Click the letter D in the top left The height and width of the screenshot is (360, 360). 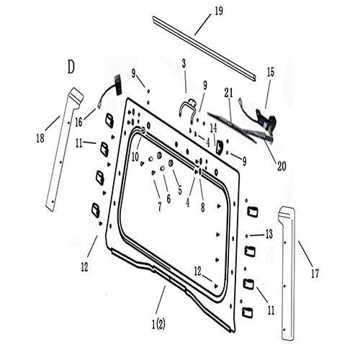point(71,68)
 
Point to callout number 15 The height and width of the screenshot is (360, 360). point(271,72)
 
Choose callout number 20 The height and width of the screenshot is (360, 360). point(281,165)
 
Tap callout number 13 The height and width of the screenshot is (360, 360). point(269,234)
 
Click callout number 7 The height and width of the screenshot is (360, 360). point(159,206)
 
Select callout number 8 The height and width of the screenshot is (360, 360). point(203,206)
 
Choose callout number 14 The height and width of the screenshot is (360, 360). point(214,127)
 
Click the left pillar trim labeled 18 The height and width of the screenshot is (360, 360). point(60,151)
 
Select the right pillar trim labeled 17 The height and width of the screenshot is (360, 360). point(288,274)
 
